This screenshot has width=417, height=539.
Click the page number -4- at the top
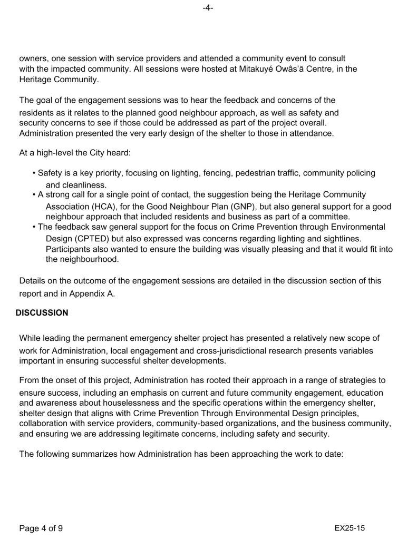pos(208,8)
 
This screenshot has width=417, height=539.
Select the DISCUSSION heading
pos(42,312)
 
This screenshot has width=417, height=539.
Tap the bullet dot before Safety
pos(33,173)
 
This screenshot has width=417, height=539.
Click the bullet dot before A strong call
pos(33,194)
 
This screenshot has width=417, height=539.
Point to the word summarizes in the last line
pos(83,453)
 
